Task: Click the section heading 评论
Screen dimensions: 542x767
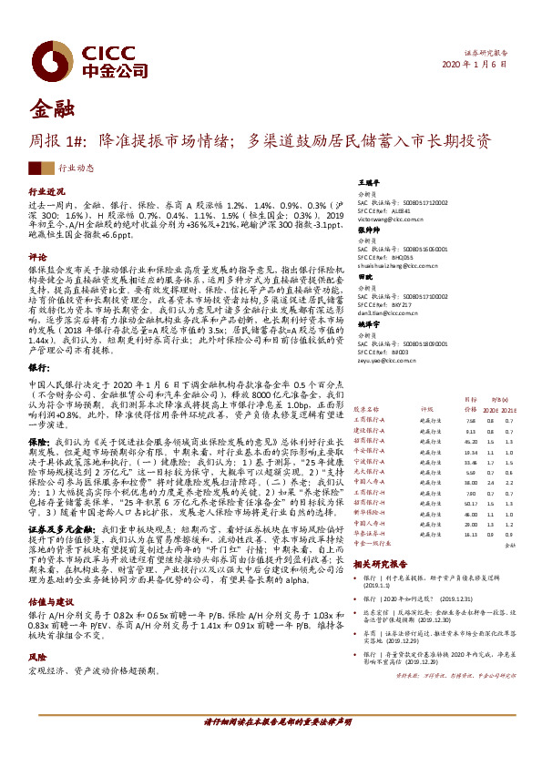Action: [37, 257]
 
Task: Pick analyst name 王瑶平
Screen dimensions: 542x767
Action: [367, 182]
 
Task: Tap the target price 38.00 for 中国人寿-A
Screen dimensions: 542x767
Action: [471, 484]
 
